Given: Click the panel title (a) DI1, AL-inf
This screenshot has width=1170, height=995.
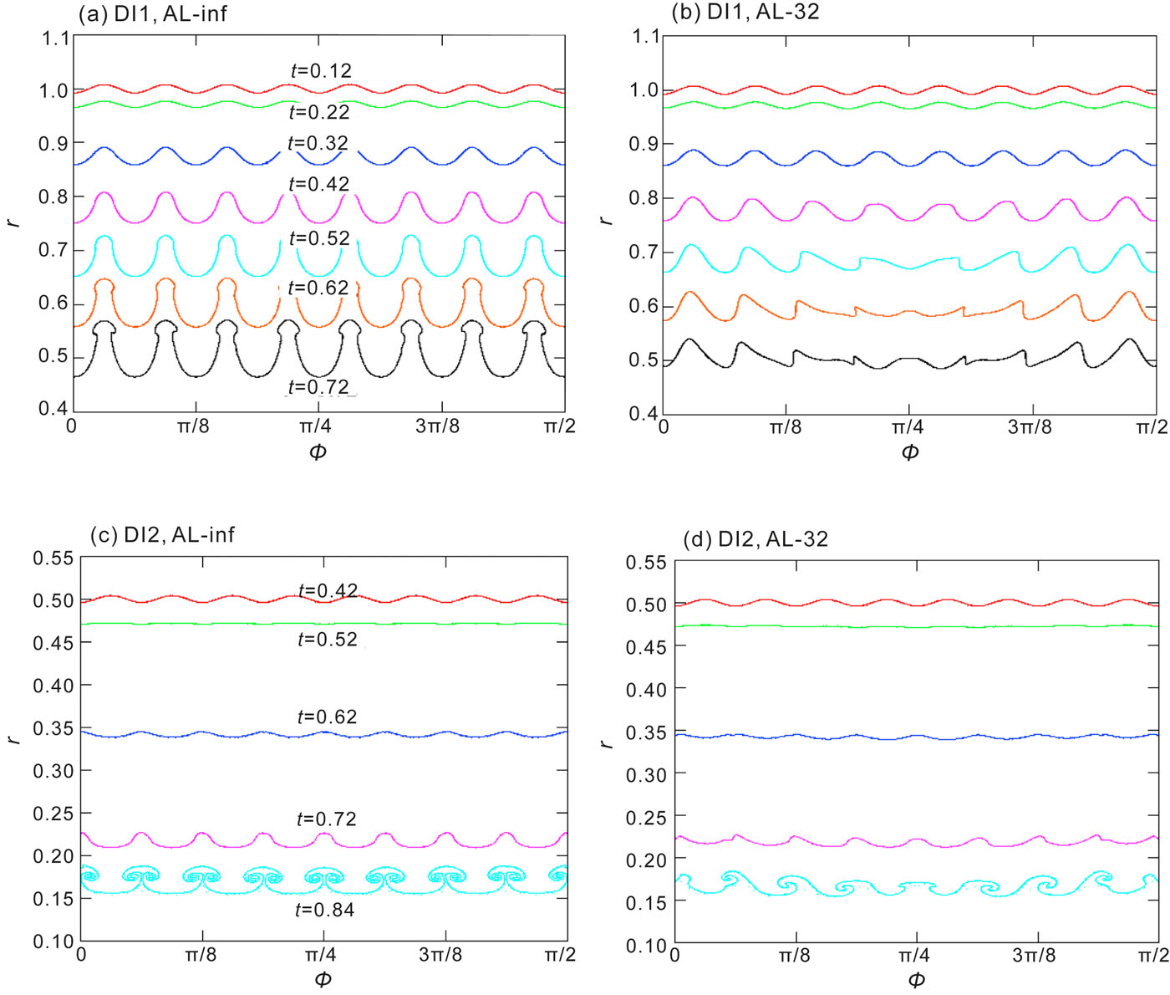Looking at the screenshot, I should [x=152, y=13].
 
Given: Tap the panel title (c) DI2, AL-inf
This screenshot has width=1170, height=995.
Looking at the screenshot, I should [x=162, y=534].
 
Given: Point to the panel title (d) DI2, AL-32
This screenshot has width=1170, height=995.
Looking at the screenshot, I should [x=755, y=539].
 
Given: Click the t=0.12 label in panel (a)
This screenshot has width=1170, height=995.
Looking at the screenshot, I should [x=321, y=71].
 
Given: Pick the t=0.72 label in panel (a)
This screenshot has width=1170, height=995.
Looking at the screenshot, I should [x=318, y=387].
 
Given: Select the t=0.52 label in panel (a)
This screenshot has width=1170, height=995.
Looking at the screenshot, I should [x=319, y=238].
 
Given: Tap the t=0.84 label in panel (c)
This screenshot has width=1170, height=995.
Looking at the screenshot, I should [x=324, y=910].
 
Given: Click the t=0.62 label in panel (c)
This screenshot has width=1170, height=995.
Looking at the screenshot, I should [x=327, y=717].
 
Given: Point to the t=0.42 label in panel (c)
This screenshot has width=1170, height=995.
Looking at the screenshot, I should [x=328, y=590].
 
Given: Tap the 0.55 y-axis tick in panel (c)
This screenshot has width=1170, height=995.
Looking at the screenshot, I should [x=53, y=558].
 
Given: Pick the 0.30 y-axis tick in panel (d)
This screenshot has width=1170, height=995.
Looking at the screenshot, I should [x=646, y=774].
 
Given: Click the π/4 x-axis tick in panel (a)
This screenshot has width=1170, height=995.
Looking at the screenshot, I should [x=316, y=426].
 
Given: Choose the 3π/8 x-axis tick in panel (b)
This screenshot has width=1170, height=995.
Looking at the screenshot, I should [x=1030, y=427].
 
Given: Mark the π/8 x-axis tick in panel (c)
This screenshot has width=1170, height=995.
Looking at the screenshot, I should [x=201, y=954].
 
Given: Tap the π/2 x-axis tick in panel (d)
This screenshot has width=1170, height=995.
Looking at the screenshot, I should [x=1152, y=955].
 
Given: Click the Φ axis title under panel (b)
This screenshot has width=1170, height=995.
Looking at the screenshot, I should [x=910, y=452].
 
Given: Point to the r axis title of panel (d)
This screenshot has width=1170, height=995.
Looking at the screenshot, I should [x=608, y=741].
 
